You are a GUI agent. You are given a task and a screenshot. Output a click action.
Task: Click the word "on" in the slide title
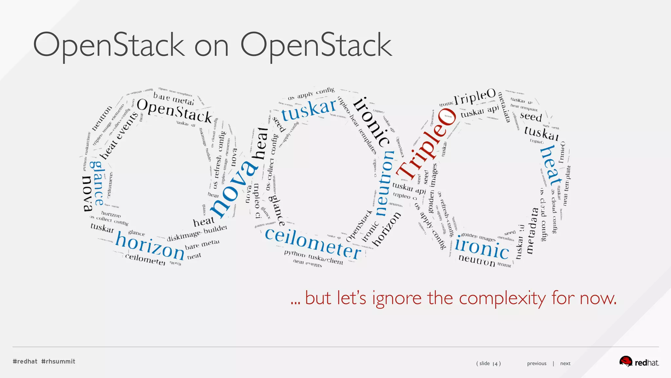[211, 47]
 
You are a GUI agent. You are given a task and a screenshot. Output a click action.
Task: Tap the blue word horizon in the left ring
[150, 245]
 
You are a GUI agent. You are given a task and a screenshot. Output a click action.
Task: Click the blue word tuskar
[309, 109]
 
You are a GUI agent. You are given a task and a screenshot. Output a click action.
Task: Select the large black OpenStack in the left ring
[174, 111]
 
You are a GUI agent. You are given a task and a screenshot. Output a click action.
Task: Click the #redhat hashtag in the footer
[25, 361]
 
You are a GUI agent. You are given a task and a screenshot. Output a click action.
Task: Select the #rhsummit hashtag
[58, 361]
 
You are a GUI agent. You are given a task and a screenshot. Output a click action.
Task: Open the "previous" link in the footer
[536, 363]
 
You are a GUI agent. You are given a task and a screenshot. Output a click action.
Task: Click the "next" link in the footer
[565, 363]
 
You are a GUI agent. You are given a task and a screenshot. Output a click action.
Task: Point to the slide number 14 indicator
[488, 363]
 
